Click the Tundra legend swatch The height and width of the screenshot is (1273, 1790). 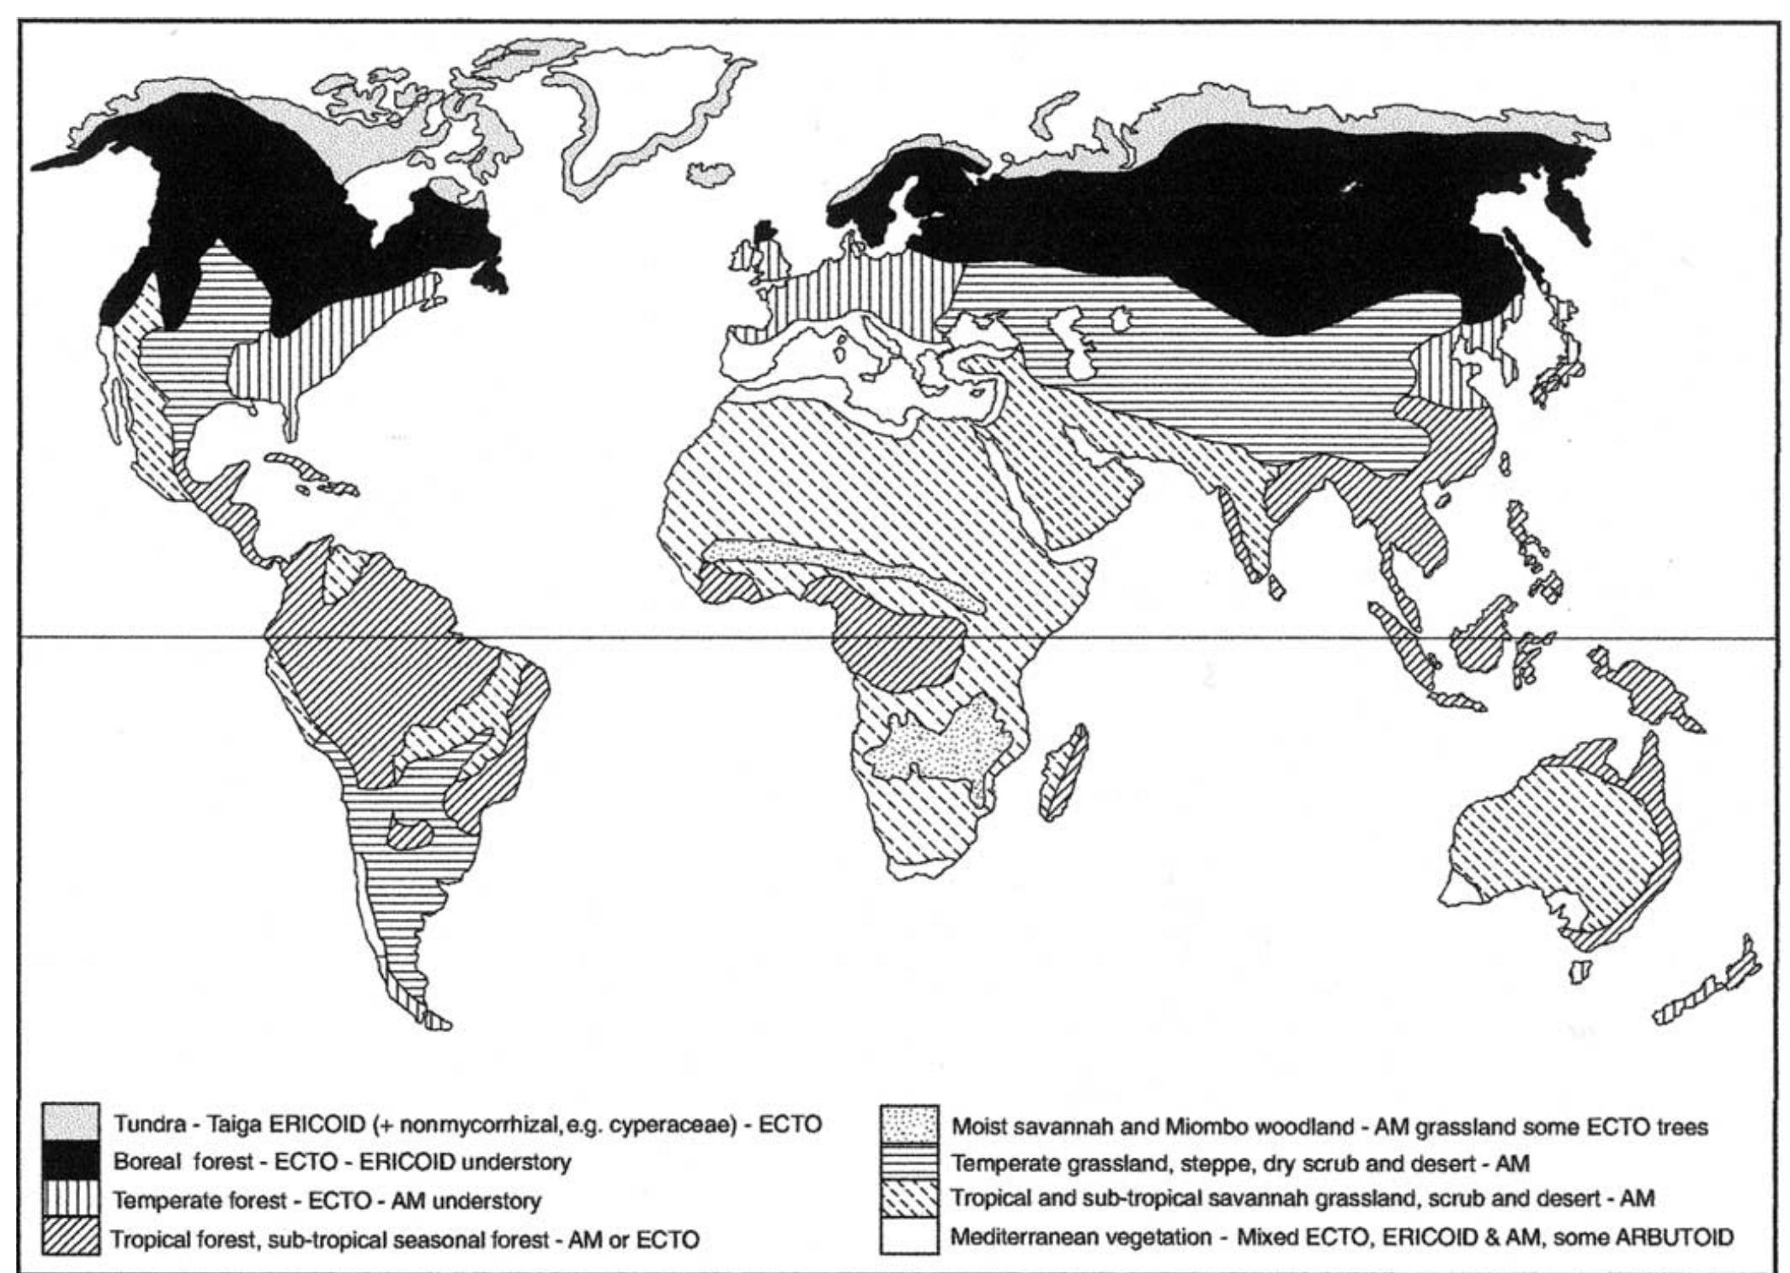point(72,1124)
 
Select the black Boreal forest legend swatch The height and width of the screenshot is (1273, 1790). point(72,1163)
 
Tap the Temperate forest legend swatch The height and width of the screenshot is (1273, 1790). point(72,1201)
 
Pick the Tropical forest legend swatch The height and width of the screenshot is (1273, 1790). point(72,1238)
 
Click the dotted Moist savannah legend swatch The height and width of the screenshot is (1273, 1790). point(910,1124)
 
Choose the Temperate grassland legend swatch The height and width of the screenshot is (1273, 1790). point(910,1163)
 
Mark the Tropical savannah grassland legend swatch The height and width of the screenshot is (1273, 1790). point(910,1200)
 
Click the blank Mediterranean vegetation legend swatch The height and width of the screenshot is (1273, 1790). point(910,1236)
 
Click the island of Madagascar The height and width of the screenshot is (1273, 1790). point(1063,772)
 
